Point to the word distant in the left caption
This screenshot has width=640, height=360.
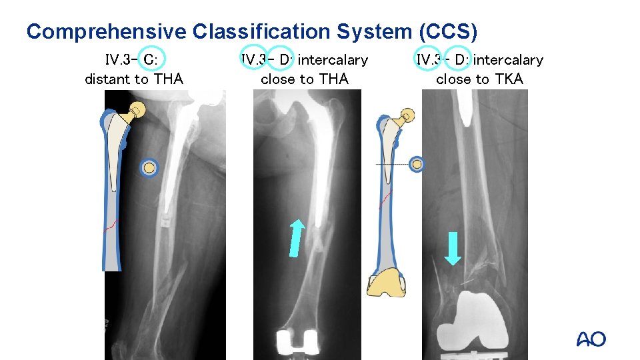coord(107,79)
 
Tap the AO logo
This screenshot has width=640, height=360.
coord(591,339)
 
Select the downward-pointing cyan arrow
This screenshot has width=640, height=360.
coord(453,247)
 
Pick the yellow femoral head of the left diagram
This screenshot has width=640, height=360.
coord(139,109)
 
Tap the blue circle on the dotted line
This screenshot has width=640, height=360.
coord(417,164)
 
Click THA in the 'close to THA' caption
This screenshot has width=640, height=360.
coord(333,79)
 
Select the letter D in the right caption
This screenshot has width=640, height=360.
coord(459,60)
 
